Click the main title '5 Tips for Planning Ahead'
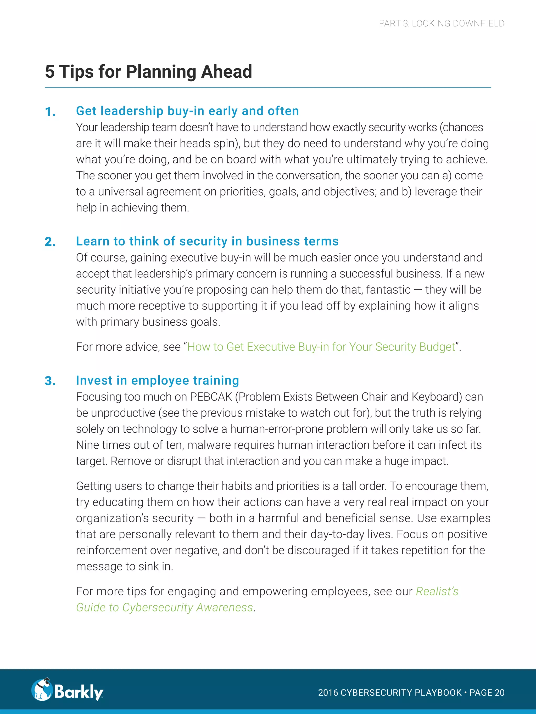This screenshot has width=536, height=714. coord(148,71)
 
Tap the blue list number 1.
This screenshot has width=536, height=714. coord(50,112)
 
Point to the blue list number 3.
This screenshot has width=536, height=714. coord(50,381)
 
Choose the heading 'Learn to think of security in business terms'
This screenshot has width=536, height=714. coord(207,241)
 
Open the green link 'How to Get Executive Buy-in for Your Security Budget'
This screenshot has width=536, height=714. coord(321,347)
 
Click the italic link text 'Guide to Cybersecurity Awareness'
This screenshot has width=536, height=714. coord(164,608)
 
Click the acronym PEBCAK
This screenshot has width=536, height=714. coord(211,397)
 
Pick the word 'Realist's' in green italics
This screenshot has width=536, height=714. coord(437,591)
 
